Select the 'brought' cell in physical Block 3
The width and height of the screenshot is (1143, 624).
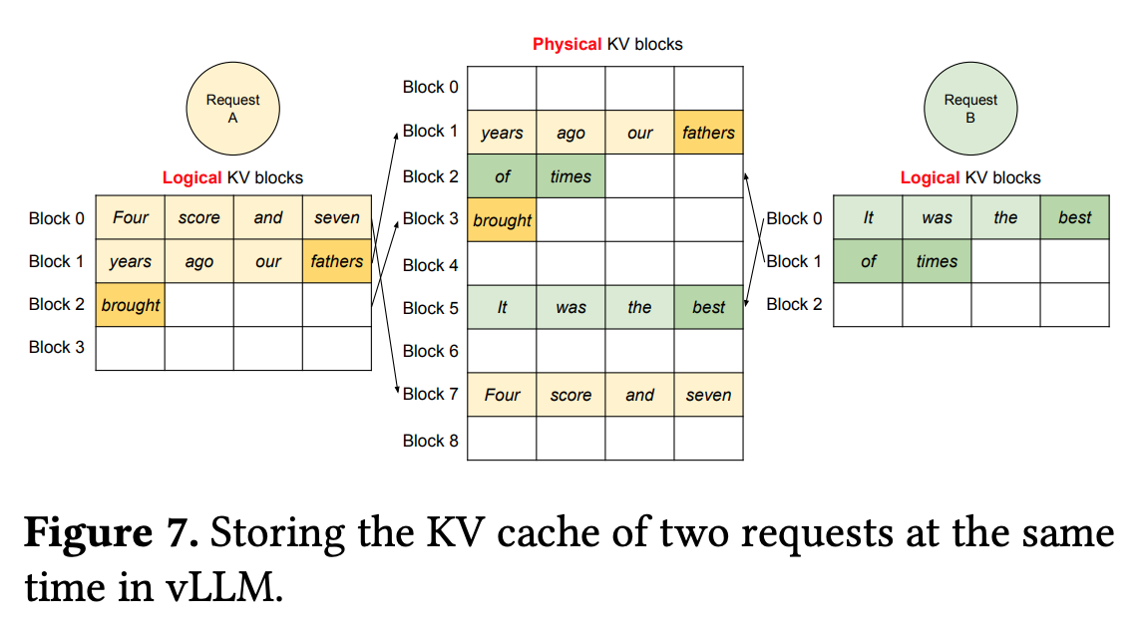tap(502, 220)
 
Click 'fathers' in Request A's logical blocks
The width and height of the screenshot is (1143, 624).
tap(337, 261)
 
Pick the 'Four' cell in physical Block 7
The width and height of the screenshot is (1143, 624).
tap(502, 395)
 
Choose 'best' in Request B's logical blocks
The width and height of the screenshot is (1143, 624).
tap(1074, 217)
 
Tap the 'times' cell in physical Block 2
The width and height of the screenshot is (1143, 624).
tap(571, 176)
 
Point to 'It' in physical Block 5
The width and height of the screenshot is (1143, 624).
tap(502, 307)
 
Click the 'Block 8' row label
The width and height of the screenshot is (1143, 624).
tap(430, 441)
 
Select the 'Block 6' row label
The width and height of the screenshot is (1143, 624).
tap(430, 351)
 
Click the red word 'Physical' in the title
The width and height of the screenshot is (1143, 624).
tap(568, 45)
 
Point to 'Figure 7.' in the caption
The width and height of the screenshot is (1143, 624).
tap(112, 533)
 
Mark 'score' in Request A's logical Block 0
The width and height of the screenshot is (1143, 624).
tap(199, 217)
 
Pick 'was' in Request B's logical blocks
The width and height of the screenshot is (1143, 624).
tap(937, 217)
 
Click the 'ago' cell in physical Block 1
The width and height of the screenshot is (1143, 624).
tap(571, 133)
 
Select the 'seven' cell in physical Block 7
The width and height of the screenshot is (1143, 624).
tap(708, 395)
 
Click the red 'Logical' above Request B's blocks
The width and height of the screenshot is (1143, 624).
tap(931, 177)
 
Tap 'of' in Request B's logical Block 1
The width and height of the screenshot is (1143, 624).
tap(868, 261)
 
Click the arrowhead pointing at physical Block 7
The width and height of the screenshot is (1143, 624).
tap(397, 390)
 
